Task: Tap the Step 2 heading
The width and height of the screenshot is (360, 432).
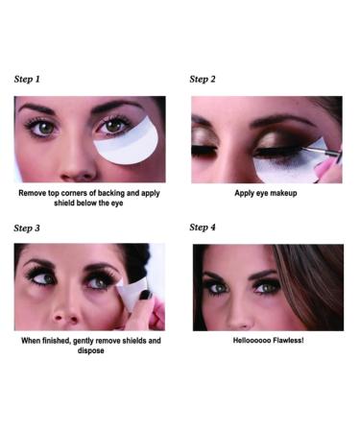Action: point(203,79)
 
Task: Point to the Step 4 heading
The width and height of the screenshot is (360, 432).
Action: point(203,228)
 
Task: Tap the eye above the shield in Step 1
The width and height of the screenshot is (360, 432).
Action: point(115,126)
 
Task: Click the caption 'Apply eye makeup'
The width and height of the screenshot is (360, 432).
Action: point(266,193)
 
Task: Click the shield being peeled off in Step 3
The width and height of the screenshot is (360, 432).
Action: point(132,293)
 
